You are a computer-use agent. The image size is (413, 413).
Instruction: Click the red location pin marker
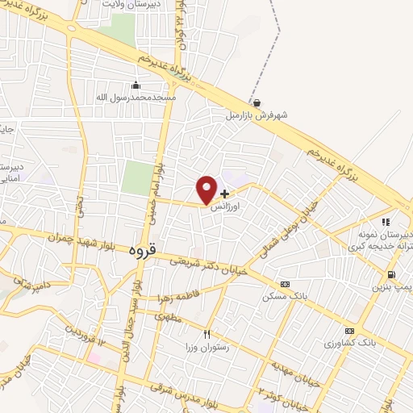pos(206,189)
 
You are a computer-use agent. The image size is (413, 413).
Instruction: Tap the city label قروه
pos(140,251)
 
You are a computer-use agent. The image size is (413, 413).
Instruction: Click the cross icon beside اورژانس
pos(224,194)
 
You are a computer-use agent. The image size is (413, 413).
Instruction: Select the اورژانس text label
pos(227,207)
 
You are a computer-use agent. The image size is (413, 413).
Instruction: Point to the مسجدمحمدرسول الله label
pos(136,97)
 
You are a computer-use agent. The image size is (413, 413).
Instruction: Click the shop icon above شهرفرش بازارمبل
pos(257,102)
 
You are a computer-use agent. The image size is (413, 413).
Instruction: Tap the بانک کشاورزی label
pos(350,344)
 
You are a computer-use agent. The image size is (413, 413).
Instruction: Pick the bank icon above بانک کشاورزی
pos(348,331)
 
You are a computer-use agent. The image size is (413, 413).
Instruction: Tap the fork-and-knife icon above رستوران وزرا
pos(207,334)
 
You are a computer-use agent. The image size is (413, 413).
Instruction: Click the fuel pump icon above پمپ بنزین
pos(391,274)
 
